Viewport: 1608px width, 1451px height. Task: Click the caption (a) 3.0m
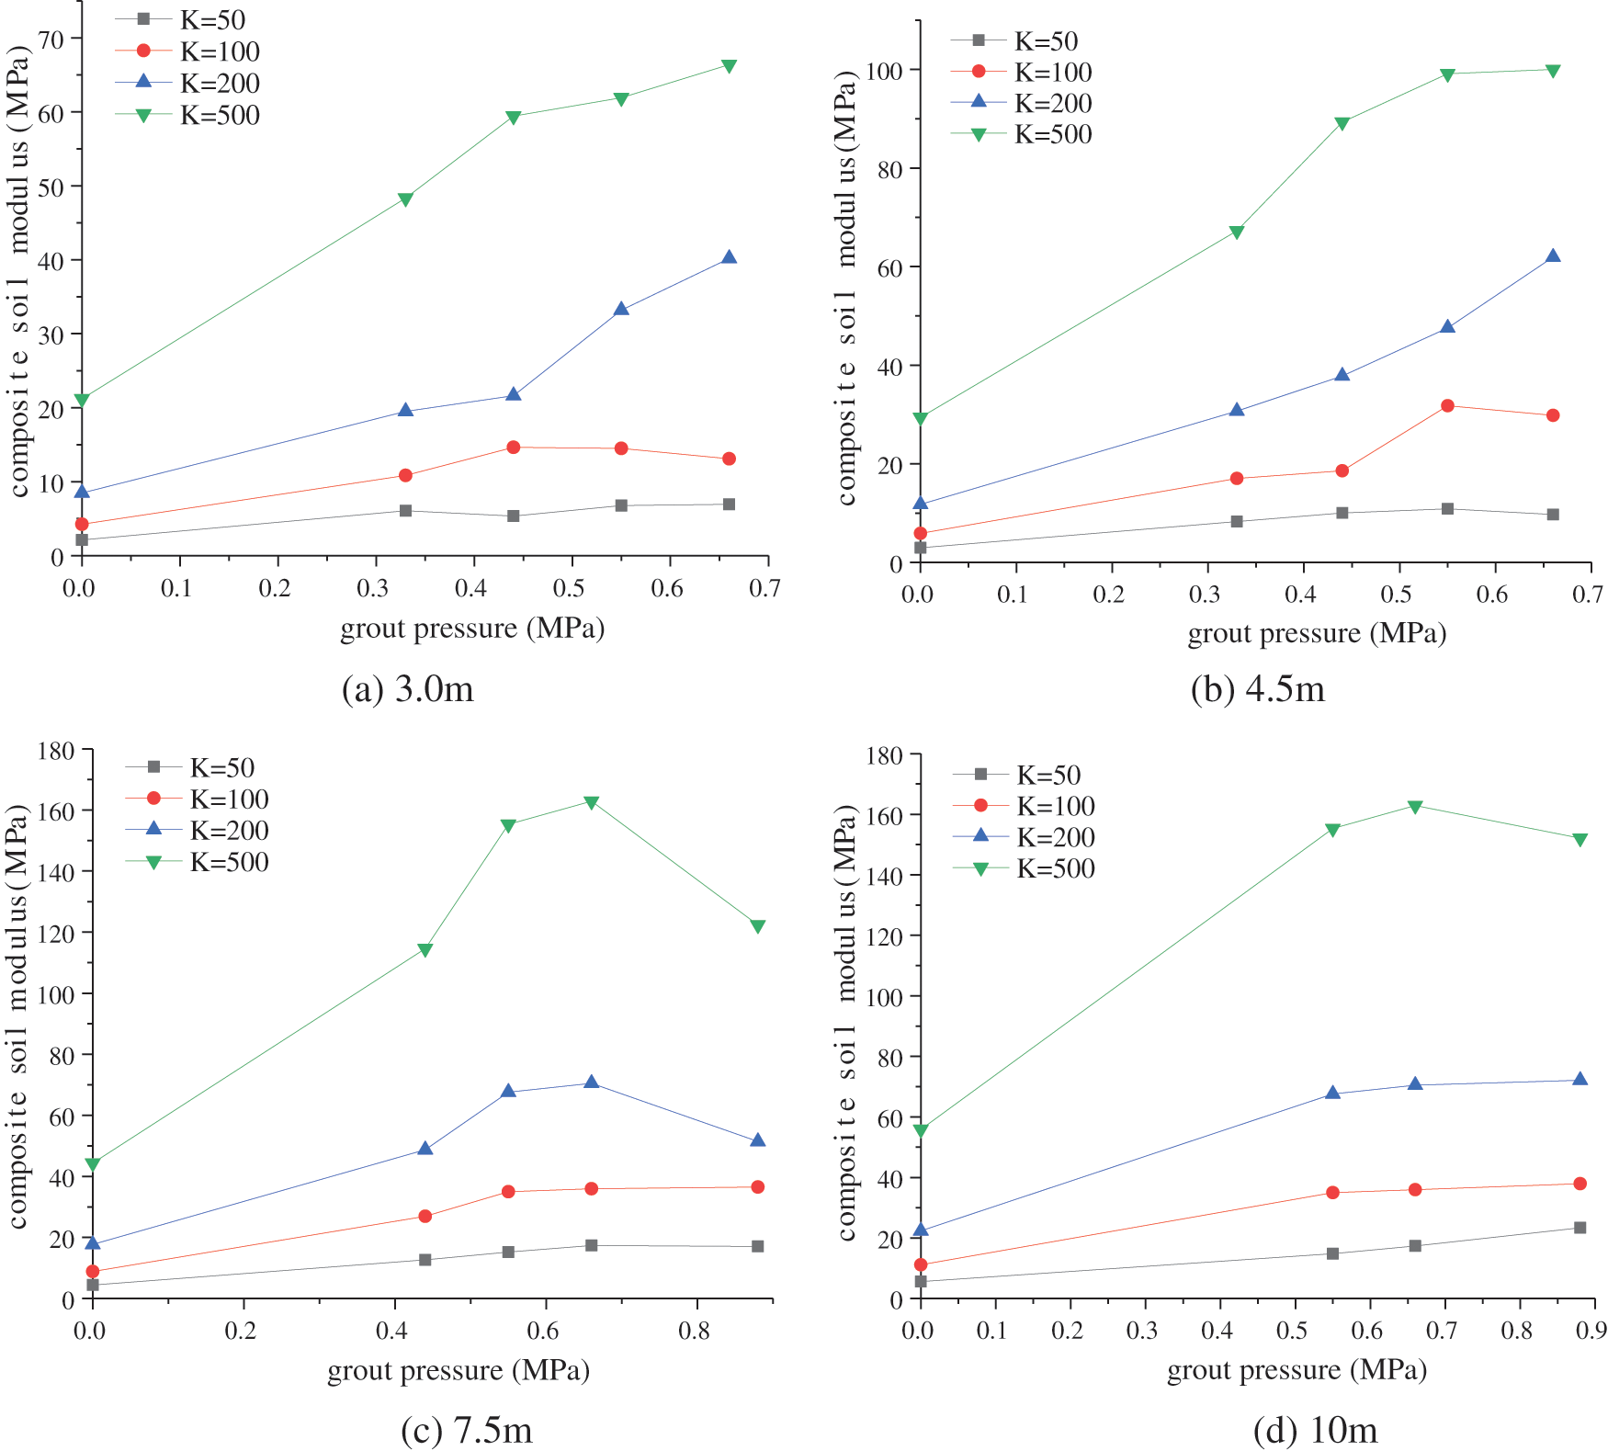click(x=408, y=689)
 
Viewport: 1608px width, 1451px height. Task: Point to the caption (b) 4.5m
click(x=1258, y=689)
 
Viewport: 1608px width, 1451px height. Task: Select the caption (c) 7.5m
click(x=467, y=1431)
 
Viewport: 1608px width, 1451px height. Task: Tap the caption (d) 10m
click(x=1315, y=1431)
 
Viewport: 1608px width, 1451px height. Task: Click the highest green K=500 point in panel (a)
click(x=729, y=66)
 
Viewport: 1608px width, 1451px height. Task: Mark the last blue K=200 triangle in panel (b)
click(x=1553, y=256)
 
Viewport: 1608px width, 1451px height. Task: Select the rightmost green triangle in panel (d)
click(x=1580, y=840)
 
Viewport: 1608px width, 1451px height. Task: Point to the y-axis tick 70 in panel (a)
click(x=51, y=40)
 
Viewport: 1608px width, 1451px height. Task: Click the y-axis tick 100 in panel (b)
click(x=884, y=71)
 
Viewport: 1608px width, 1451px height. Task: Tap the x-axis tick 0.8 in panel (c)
click(x=695, y=1331)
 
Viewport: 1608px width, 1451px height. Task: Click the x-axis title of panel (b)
click(x=1317, y=634)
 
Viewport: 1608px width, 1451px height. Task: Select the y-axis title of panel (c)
click(x=18, y=1015)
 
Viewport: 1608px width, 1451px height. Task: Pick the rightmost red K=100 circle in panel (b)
click(x=1553, y=415)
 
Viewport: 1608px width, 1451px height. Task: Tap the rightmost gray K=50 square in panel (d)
click(x=1580, y=1228)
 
